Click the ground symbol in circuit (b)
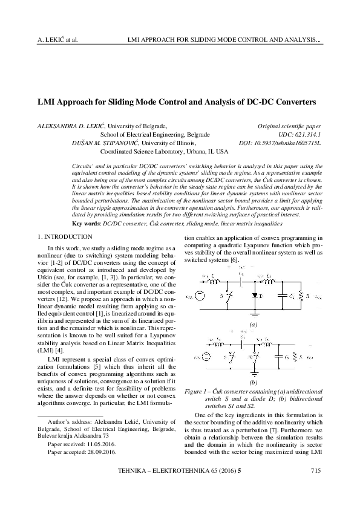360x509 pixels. point(254,373)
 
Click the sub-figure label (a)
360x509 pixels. point(254,324)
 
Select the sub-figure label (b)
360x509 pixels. point(254,383)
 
